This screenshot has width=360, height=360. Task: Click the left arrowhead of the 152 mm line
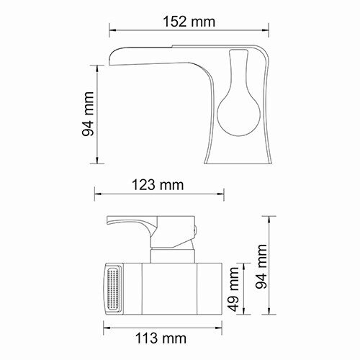coord(112,31)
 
